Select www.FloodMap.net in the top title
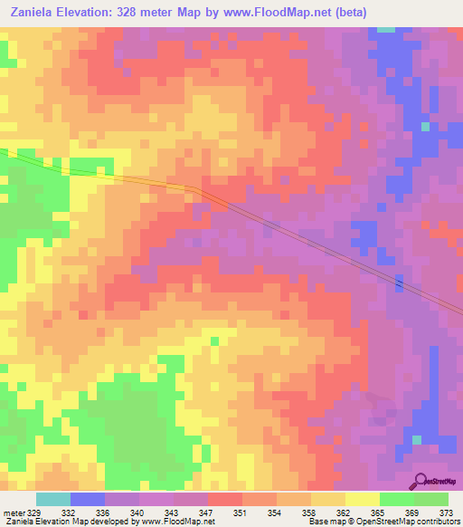tap(293, 13)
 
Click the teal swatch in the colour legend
tap(53, 499)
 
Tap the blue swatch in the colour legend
tap(88, 499)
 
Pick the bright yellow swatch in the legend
tap(362, 499)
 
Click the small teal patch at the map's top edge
tap(387, 30)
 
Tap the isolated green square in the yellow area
tap(214, 341)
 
